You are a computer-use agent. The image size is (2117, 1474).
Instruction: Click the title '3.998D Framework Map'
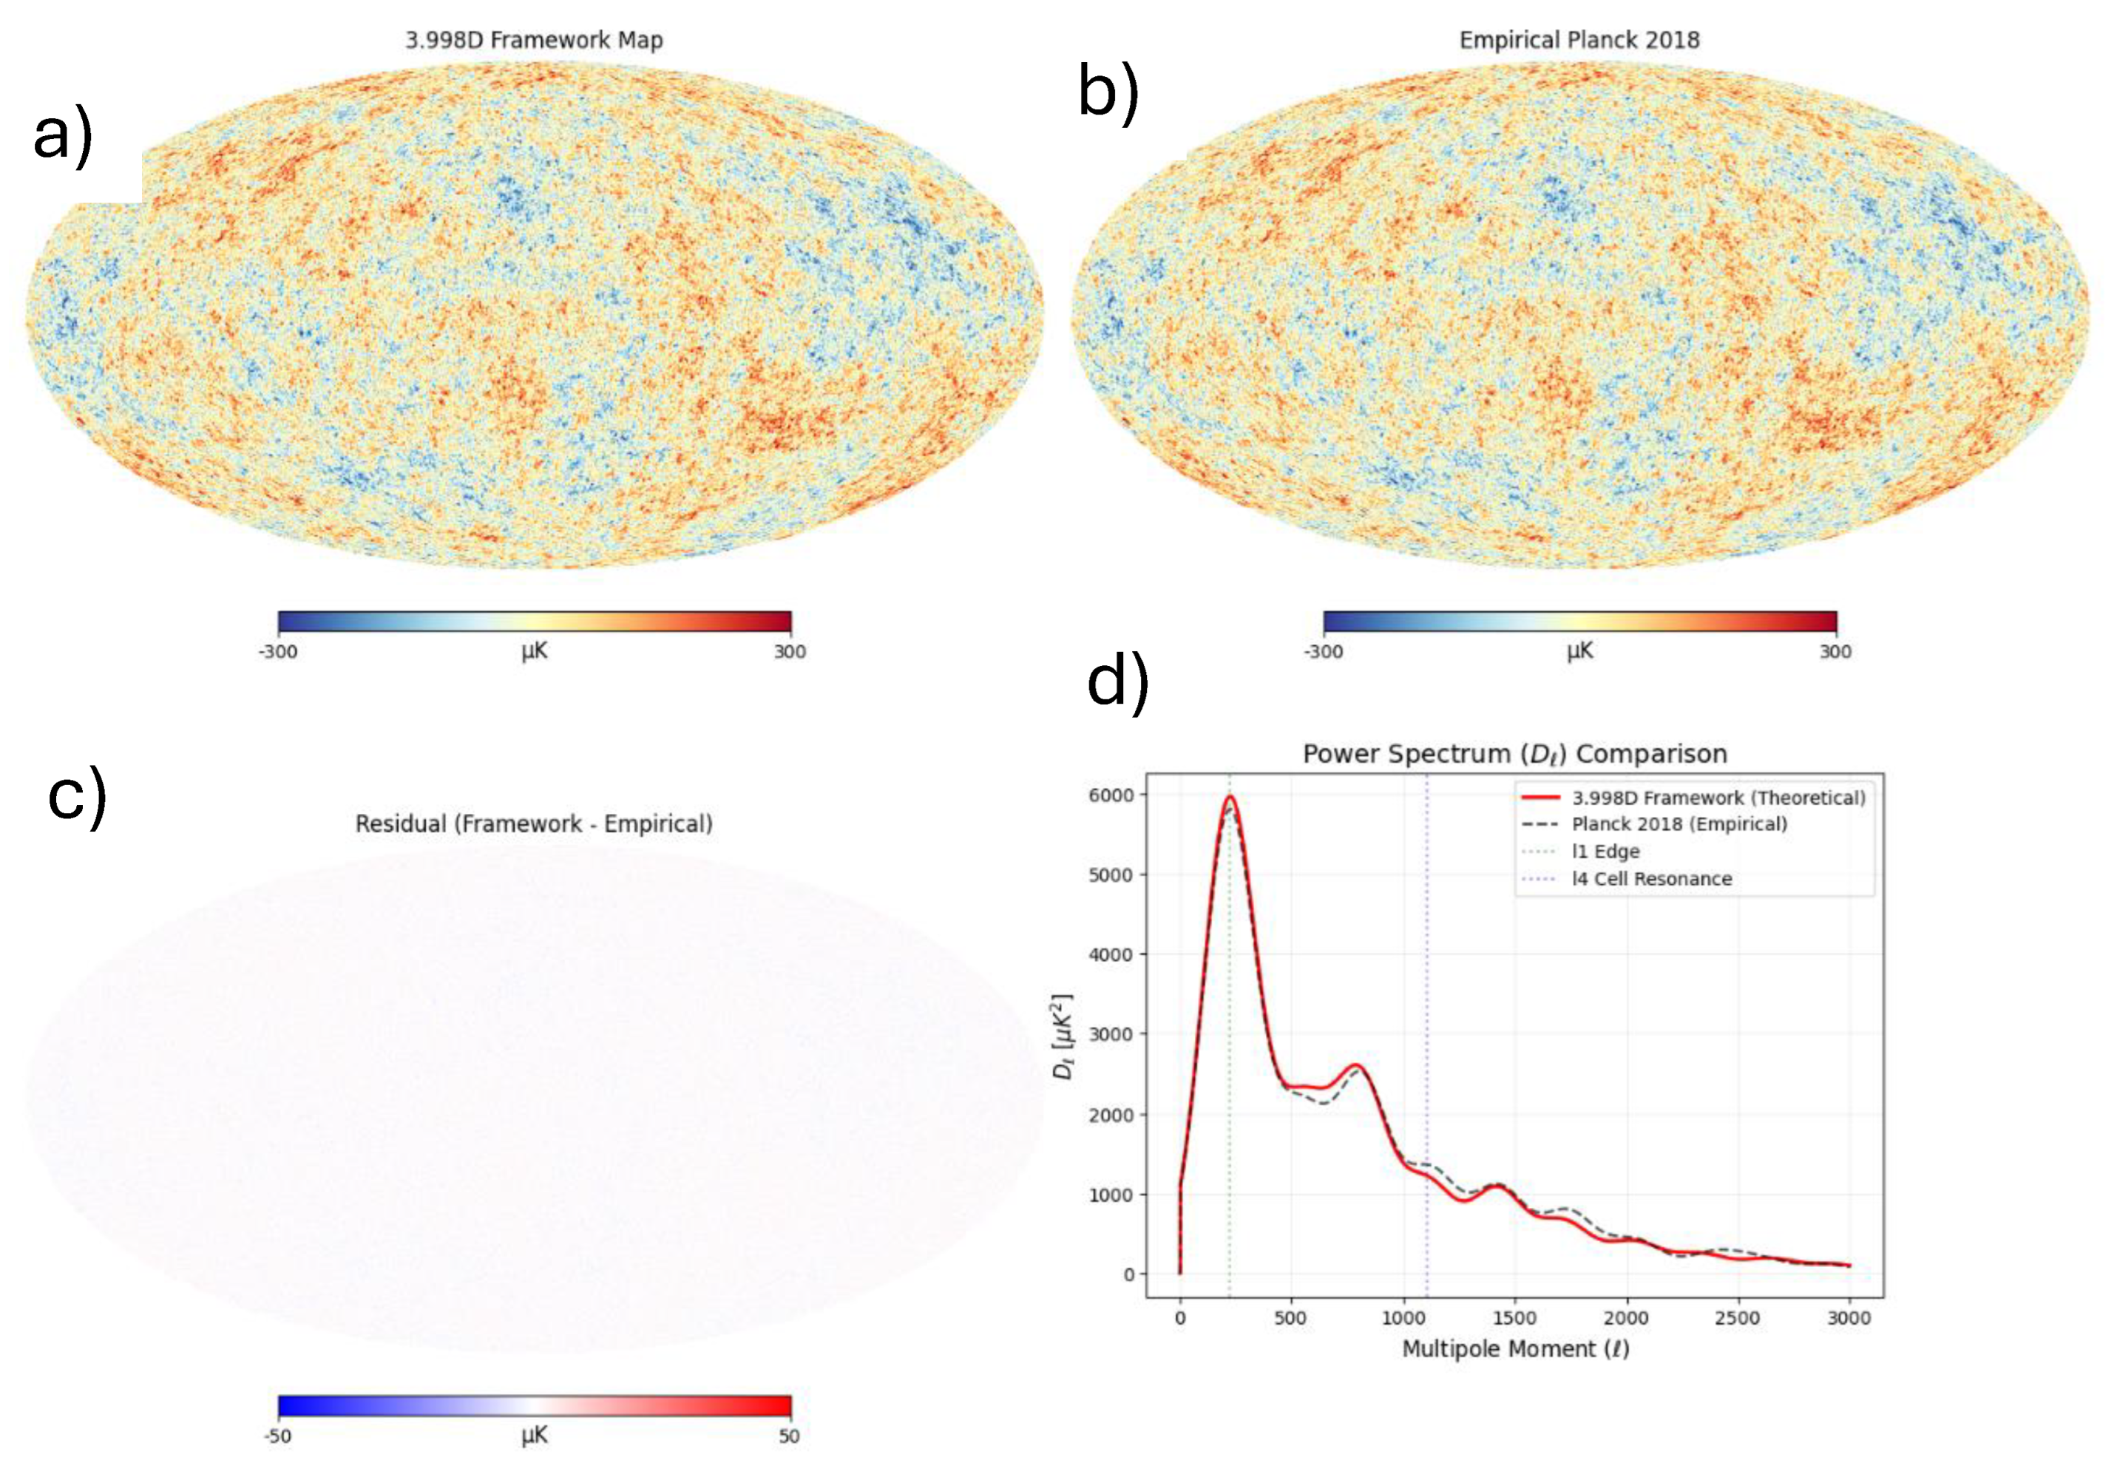534,40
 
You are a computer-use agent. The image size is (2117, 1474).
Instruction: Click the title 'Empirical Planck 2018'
1579,40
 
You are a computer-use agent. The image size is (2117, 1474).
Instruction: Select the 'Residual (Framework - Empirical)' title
534,823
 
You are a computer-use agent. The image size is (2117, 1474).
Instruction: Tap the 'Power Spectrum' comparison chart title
1514,753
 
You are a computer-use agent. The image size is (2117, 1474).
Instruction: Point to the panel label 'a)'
63,135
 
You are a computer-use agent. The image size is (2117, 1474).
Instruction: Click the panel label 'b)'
1108,92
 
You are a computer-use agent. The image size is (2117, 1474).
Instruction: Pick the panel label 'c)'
78,795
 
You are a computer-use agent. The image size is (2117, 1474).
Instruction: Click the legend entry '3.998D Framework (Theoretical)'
1718,798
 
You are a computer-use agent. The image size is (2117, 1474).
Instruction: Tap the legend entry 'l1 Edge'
1605,851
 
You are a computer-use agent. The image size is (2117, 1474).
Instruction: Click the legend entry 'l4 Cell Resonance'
1651,878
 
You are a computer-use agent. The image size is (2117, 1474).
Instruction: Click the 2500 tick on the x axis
1737,1318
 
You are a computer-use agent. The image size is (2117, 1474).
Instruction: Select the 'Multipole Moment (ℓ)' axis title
1515,1348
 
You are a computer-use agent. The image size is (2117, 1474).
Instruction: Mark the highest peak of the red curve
1229,796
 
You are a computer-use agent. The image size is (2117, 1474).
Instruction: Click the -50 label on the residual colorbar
277,1436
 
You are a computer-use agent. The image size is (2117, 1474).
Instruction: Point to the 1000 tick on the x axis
1403,1318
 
